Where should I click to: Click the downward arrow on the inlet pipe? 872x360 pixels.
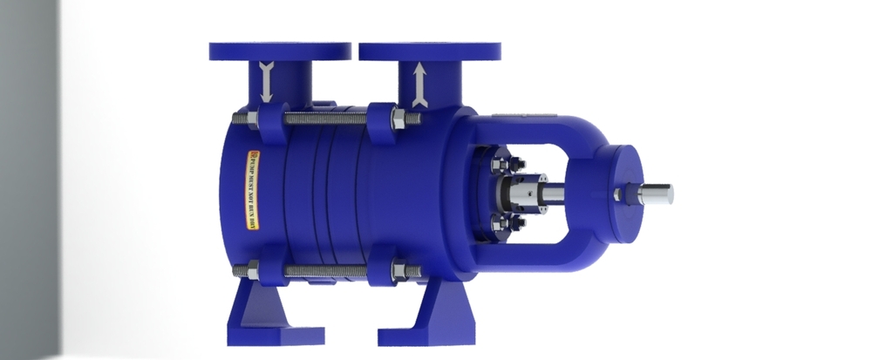coord(267,84)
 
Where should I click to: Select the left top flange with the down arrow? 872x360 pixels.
coord(280,51)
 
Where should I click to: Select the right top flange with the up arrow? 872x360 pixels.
coord(430,51)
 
